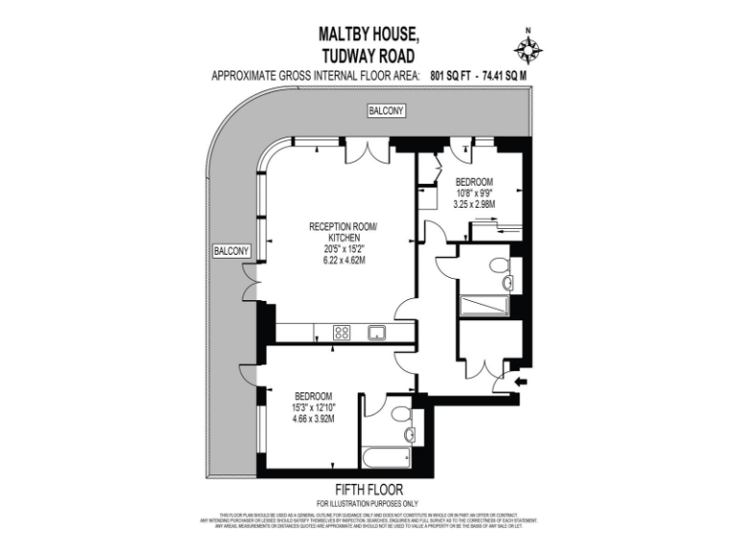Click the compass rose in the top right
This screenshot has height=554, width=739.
point(526,48)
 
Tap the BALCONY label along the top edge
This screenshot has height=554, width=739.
point(387,113)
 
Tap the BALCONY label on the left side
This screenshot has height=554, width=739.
point(232,251)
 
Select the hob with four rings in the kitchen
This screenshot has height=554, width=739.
point(342,333)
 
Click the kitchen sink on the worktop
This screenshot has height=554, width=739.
point(377,333)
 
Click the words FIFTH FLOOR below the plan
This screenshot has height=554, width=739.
point(369,490)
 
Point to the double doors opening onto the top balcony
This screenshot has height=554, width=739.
point(369,150)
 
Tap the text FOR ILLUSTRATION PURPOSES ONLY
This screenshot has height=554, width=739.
point(369,504)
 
